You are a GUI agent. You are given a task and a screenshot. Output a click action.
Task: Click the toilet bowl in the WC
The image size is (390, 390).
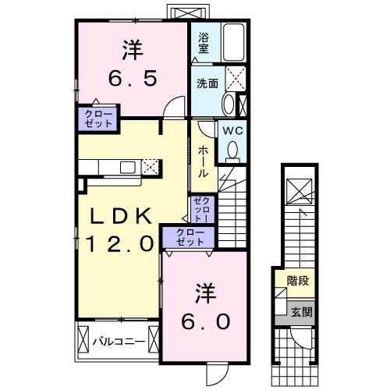[234, 153]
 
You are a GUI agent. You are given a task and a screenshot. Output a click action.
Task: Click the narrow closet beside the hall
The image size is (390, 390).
[200, 208]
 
